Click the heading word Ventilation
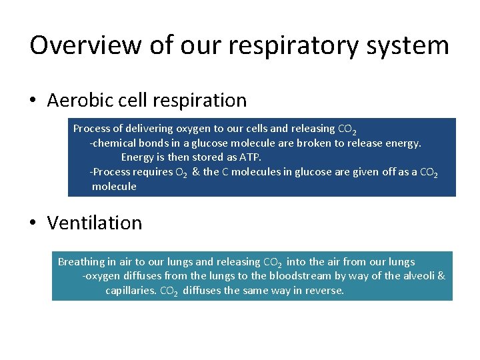click(95, 223)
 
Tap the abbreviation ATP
click(249, 157)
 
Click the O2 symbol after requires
click(181, 173)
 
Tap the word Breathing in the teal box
click(81, 262)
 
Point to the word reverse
click(324, 291)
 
